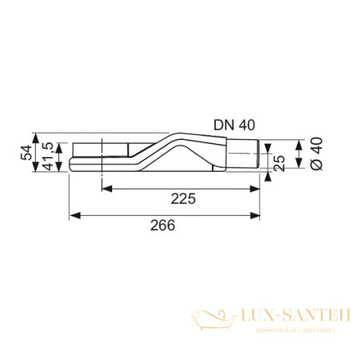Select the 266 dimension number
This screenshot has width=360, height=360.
coord(164,226)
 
